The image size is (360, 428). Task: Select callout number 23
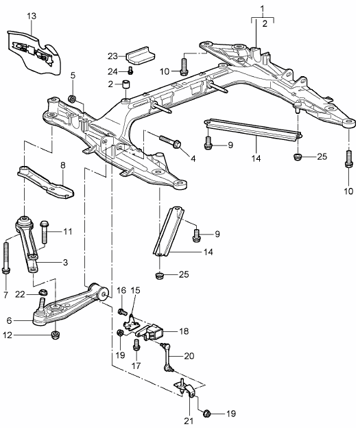[113, 56]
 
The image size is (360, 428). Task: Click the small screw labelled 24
[130, 70]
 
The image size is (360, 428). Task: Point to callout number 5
[73, 75]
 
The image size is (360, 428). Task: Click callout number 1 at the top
[261, 8]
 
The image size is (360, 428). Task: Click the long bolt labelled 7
[6, 261]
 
